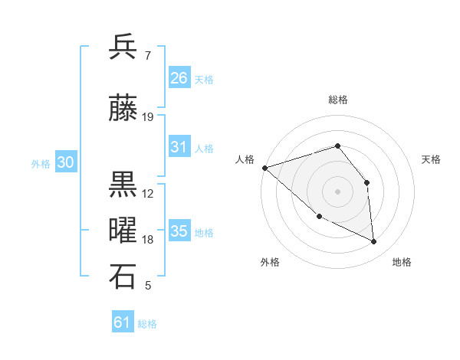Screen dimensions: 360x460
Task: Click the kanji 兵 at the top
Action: (x=123, y=47)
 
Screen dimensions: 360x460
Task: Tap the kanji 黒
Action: (x=123, y=185)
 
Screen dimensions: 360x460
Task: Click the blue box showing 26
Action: (x=179, y=78)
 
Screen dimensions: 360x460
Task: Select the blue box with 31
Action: (x=179, y=147)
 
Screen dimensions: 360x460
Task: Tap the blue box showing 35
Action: (x=179, y=231)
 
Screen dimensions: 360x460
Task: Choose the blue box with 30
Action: (x=65, y=162)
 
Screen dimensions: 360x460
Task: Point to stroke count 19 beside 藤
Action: (x=148, y=117)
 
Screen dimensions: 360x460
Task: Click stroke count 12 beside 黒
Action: (x=148, y=194)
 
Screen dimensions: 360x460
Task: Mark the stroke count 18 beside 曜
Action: (x=148, y=240)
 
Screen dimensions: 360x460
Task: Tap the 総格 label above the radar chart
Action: (x=337, y=100)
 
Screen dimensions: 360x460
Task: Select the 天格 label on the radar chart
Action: (x=432, y=159)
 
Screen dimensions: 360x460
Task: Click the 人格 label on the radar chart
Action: (x=245, y=159)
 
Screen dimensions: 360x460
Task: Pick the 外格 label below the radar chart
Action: (x=270, y=262)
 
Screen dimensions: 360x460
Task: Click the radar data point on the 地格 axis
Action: (x=374, y=242)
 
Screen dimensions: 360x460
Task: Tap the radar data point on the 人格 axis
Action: (x=264, y=167)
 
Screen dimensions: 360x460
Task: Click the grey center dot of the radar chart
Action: (x=337, y=191)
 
